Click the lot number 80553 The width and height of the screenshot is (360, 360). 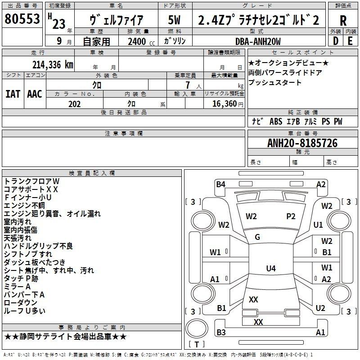pos(22,19)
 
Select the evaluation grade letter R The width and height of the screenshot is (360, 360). pos(343,21)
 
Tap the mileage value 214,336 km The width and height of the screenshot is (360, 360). pos(53,65)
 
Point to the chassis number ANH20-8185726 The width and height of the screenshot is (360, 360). pos(302,143)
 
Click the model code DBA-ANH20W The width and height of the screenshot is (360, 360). pos(258,41)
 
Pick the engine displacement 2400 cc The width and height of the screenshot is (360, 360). pos(141,41)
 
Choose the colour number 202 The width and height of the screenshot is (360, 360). pos(74,104)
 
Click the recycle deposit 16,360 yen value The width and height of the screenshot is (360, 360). pos(228,104)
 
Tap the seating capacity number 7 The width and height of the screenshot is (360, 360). pos(188,85)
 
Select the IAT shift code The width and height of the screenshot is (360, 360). pos(13,94)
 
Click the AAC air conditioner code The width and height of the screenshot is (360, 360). pos(35,94)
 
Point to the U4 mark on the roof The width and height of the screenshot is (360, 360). pos(271,268)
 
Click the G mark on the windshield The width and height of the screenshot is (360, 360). pos(257,237)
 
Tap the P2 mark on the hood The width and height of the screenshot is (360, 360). pos(291,216)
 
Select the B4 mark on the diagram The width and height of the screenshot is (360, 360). pos(220,184)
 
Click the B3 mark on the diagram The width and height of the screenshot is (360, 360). pos(221,332)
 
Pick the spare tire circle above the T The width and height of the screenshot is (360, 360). pos(197,328)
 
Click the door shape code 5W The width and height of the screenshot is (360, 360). pos(174,20)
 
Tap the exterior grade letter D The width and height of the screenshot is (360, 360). pos(336,41)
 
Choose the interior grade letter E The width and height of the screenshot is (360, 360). pos(350,41)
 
